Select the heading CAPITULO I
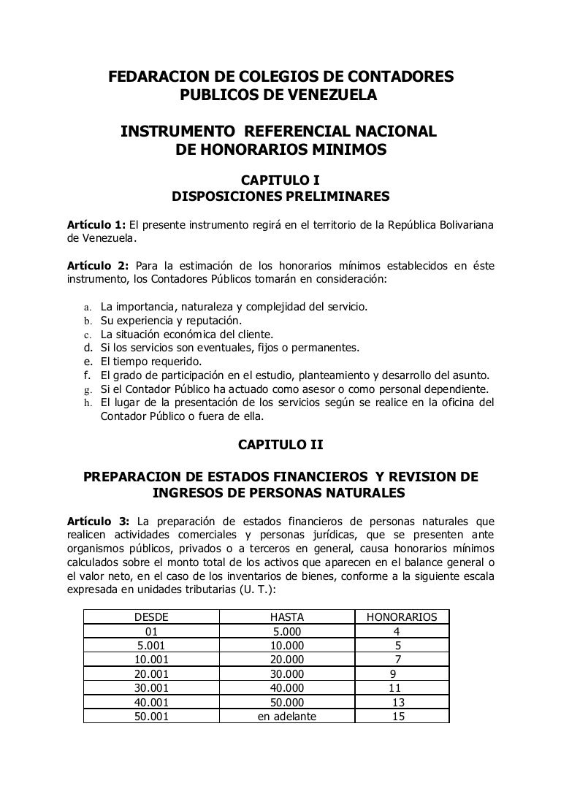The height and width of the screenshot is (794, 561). pyautogui.click(x=280, y=180)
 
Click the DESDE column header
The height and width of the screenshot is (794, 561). pyautogui.click(x=152, y=617)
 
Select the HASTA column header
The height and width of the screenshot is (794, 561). pyautogui.click(x=286, y=617)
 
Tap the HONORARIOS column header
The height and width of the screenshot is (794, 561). pyautogui.click(x=401, y=617)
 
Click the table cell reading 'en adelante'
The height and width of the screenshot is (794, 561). pyautogui.click(x=286, y=717)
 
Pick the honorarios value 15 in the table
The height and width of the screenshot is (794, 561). pyautogui.click(x=398, y=717)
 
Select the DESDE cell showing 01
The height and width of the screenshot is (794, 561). pyautogui.click(x=152, y=631)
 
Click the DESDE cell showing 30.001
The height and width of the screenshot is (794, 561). pyautogui.click(x=152, y=687)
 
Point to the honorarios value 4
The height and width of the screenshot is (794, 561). pyautogui.click(x=396, y=631)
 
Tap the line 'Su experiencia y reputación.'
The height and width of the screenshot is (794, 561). pyautogui.click(x=172, y=320)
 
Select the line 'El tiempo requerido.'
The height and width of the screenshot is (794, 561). pyautogui.click(x=151, y=361)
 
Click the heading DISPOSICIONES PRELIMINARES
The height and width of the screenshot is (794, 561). pyautogui.click(x=280, y=196)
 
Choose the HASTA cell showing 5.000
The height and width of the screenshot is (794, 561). pyautogui.click(x=286, y=631)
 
